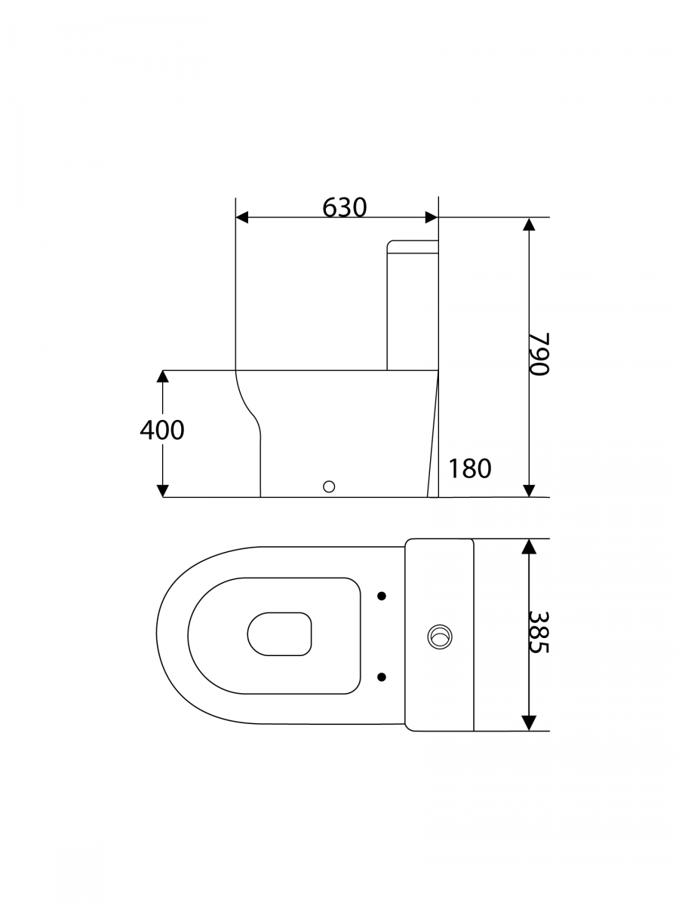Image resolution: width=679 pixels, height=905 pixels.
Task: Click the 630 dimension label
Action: (x=344, y=207)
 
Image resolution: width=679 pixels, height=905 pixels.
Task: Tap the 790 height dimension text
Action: (x=539, y=354)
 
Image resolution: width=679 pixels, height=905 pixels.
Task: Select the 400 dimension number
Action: (x=162, y=430)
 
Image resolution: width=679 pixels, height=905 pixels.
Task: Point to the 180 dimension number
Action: (x=469, y=468)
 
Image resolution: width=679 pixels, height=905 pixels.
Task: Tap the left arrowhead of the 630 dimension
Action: (x=241, y=217)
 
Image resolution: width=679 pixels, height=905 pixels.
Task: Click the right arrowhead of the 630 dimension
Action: (x=432, y=217)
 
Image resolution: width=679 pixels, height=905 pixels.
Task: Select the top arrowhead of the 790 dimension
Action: (x=529, y=224)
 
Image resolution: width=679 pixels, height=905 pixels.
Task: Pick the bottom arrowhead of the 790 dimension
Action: (x=529, y=491)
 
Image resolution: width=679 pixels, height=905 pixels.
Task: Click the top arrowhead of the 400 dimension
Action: (x=163, y=377)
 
